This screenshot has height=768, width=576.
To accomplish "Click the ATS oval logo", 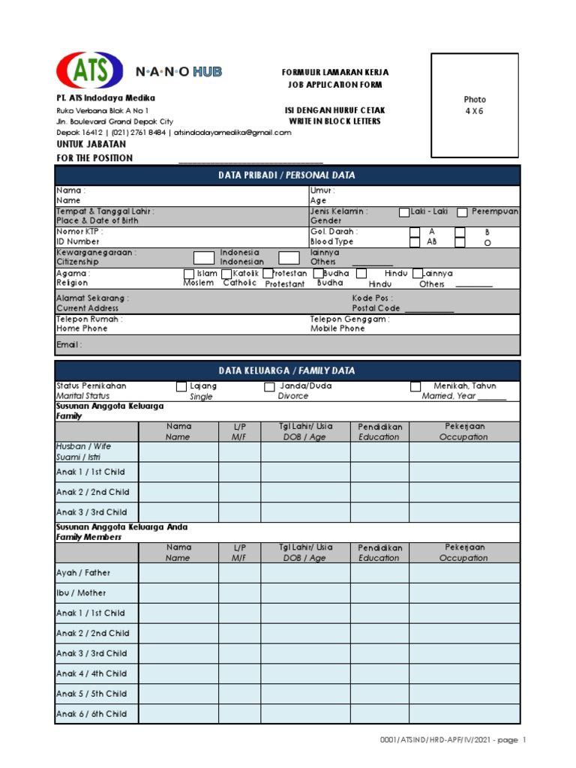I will (x=89, y=70).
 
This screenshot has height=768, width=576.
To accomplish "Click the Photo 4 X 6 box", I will (x=474, y=105).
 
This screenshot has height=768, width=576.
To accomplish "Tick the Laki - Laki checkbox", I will (x=404, y=212).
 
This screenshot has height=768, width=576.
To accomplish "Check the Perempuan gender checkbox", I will (x=463, y=212).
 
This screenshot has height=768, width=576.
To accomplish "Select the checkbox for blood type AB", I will (x=415, y=242).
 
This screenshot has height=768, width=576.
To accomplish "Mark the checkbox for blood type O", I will (x=460, y=242).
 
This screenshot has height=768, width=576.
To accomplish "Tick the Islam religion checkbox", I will (x=189, y=274).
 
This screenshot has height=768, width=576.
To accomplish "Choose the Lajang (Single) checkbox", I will (x=181, y=386).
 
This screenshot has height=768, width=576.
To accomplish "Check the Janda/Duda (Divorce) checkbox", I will (x=269, y=386).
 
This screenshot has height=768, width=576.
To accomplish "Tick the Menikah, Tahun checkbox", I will (x=415, y=386).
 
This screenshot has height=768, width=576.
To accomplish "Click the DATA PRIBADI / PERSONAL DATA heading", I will (x=287, y=175).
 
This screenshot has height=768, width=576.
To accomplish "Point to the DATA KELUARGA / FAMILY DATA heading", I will (x=287, y=370).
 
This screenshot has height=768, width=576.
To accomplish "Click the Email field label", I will (x=69, y=345).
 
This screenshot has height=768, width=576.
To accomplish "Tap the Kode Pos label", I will (x=372, y=298).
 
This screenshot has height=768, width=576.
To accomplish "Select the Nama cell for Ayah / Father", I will (x=178, y=572).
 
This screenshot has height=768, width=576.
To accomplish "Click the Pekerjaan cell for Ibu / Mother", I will (x=463, y=592).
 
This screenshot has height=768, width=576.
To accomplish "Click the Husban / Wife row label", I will (x=83, y=446).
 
